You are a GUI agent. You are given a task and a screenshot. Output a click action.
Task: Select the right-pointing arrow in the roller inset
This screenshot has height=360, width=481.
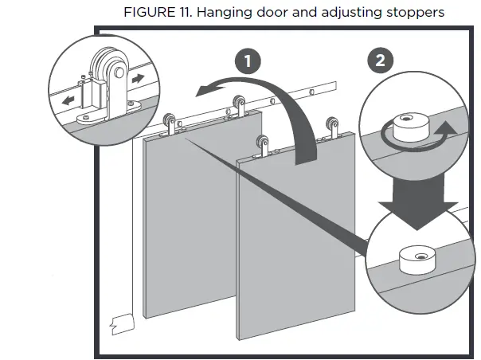click(138, 79)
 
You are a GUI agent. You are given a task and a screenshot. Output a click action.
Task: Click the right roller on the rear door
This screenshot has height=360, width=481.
click(237, 103)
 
